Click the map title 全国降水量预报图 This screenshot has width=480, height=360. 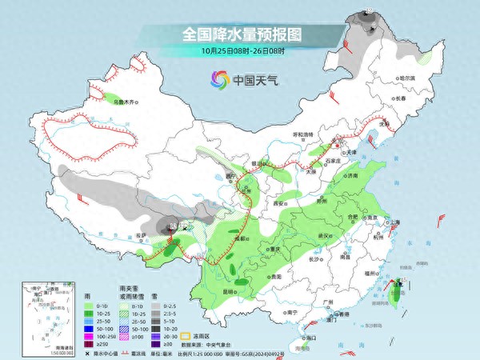click(x=241, y=34)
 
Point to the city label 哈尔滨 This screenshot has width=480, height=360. click(x=406, y=78)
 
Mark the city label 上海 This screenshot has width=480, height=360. click(x=394, y=222)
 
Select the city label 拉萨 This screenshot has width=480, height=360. click(x=142, y=234)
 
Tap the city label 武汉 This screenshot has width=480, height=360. click(x=324, y=235)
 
